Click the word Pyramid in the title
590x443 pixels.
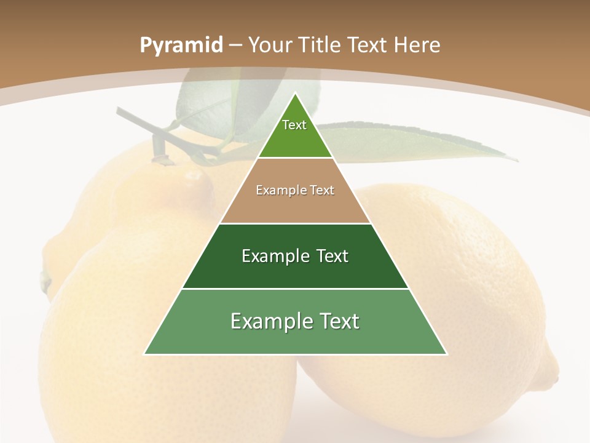point(181,46)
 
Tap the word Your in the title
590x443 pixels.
point(269,45)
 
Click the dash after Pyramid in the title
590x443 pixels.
point(236,46)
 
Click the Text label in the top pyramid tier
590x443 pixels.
point(294,125)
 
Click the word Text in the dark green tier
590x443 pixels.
point(332,256)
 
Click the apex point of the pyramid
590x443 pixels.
point(295,94)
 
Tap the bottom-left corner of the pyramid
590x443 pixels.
point(144,354)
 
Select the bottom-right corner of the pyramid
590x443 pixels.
point(447,354)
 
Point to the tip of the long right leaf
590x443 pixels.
point(517,161)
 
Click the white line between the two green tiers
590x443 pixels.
point(295,289)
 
